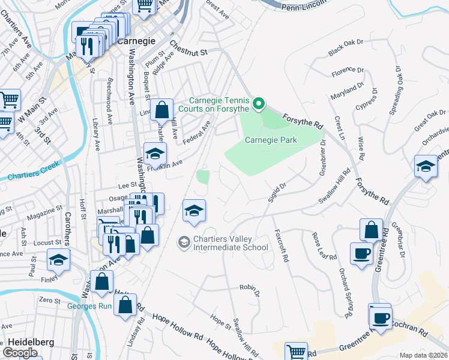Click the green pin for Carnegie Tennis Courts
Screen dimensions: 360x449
[259, 104]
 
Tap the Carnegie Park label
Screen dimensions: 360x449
[271, 140]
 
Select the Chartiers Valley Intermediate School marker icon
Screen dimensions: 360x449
[183, 242]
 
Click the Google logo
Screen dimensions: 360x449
[20, 352]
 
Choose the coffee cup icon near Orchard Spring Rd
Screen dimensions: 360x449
[361, 254]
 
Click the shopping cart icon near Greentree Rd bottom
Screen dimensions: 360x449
[296, 352]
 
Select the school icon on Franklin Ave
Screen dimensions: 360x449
[155, 154]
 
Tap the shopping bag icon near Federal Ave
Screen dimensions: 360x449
[161, 110]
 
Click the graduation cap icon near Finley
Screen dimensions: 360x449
[59, 259]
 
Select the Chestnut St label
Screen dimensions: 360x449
[188, 49]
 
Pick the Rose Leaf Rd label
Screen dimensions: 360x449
[319, 246]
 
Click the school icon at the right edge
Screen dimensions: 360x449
[426, 167]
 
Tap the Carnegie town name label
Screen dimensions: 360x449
[136, 41]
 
